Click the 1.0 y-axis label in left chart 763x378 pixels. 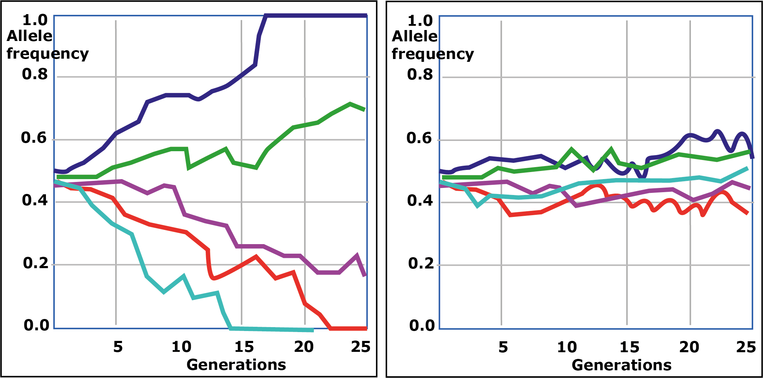(x=35, y=20)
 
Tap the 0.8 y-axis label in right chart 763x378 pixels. (x=420, y=75)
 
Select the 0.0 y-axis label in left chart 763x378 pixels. (x=36, y=325)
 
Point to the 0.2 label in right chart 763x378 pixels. (x=421, y=264)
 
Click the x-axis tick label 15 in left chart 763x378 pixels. (x=244, y=347)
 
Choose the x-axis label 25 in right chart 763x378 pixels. (x=746, y=347)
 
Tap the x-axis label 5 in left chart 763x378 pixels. (x=118, y=347)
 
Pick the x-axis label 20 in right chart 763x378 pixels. (x=689, y=347)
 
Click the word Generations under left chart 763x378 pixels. (x=236, y=365)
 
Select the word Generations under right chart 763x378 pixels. (x=621, y=365)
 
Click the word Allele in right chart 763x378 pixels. (x=415, y=36)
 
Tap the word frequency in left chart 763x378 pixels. (x=48, y=54)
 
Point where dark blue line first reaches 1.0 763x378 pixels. (x=266, y=16)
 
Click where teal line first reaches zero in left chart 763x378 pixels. (x=231, y=329)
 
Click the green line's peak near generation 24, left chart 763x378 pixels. (x=350, y=104)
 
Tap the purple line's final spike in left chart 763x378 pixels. (x=357, y=255)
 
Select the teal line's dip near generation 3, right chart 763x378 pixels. (x=478, y=206)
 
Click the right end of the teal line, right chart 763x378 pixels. (x=747, y=169)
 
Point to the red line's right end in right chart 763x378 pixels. (x=747, y=213)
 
